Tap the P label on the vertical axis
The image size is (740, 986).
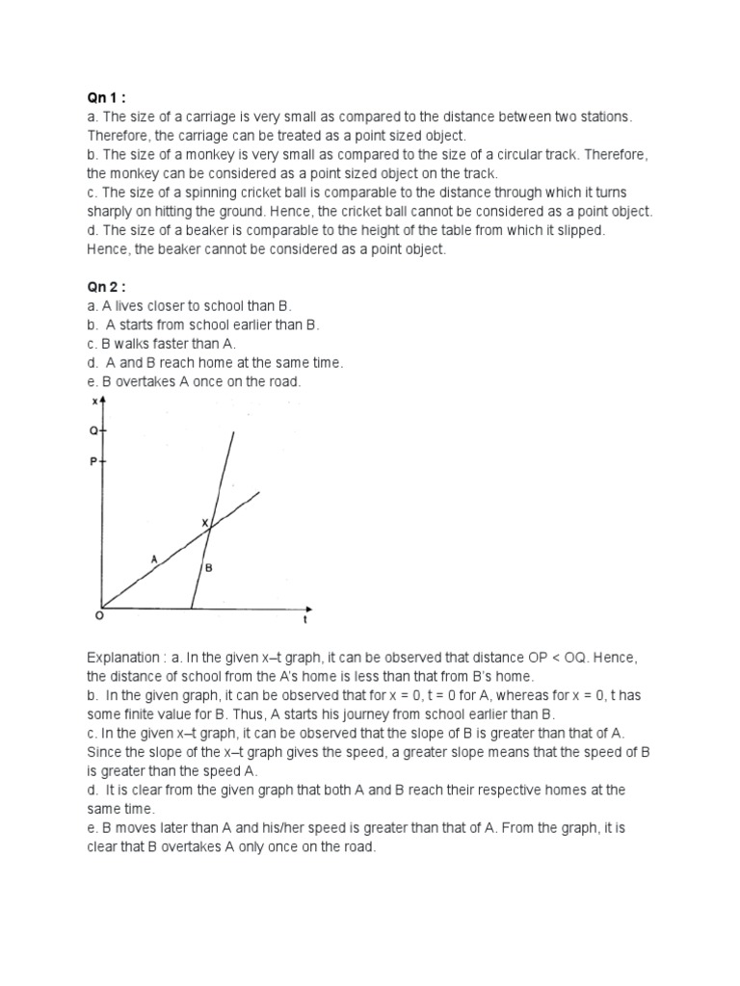click(x=92, y=462)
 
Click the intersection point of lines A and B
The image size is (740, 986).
click(x=211, y=526)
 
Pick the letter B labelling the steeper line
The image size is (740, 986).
click(x=208, y=569)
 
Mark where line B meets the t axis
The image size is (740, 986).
click(x=192, y=610)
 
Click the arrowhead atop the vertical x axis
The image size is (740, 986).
click(x=102, y=400)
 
